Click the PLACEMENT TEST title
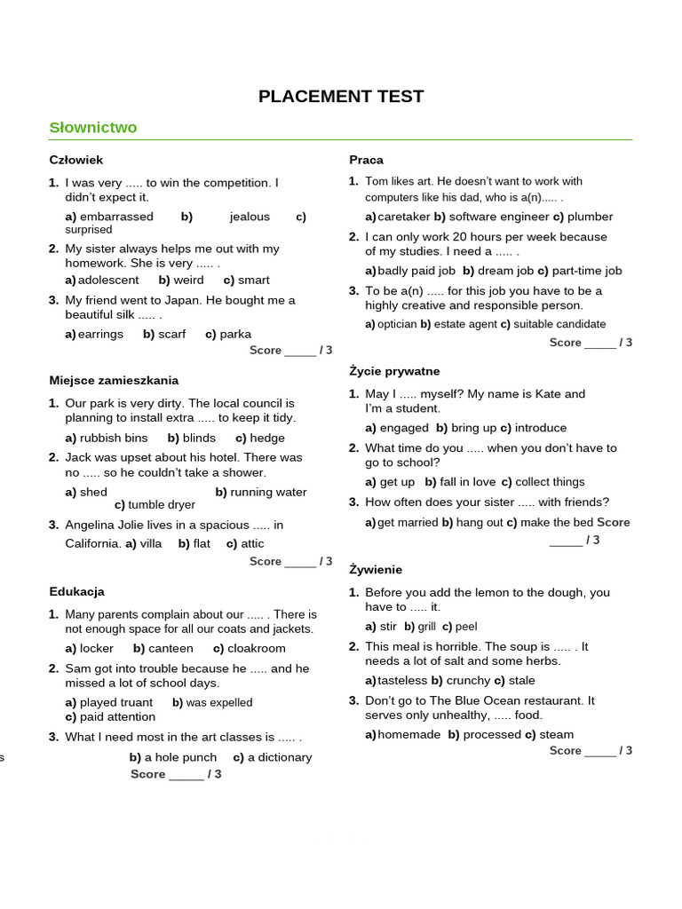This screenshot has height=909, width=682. (341, 97)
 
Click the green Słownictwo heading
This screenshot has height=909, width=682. (93, 128)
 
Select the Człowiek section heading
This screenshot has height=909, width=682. (76, 160)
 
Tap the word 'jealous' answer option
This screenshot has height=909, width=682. (250, 217)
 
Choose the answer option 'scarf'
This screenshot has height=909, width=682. (172, 335)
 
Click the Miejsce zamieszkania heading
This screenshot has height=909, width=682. (114, 381)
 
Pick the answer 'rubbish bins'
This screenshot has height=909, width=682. (114, 438)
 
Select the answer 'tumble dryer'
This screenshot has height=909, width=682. (162, 505)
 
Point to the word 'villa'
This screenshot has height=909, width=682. (151, 543)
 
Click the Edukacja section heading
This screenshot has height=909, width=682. (77, 591)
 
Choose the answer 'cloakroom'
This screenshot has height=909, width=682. (257, 648)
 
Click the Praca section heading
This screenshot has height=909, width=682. (367, 160)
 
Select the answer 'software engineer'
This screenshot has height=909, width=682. (498, 217)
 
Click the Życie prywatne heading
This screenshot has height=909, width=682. (394, 371)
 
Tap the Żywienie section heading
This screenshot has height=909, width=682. (376, 570)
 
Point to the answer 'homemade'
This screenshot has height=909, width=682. (409, 734)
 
